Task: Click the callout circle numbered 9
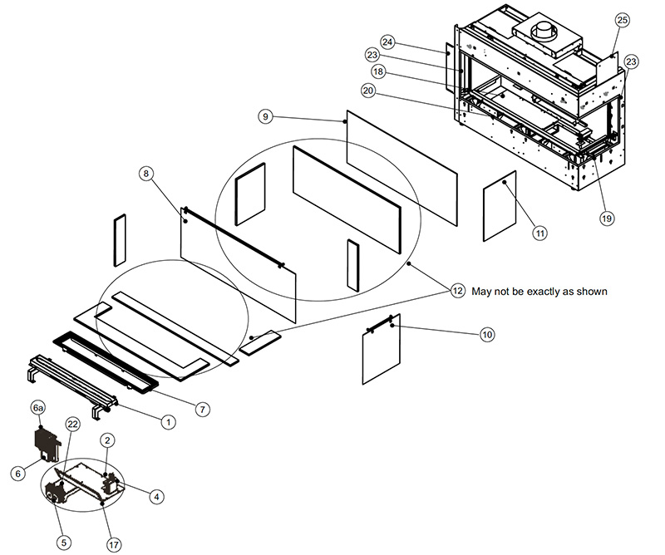click(x=264, y=117)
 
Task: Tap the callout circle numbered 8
click(x=145, y=174)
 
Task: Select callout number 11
click(x=539, y=233)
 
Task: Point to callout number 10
click(x=487, y=335)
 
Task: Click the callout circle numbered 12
click(x=458, y=291)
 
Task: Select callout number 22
click(x=72, y=424)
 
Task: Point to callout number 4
click(x=155, y=497)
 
